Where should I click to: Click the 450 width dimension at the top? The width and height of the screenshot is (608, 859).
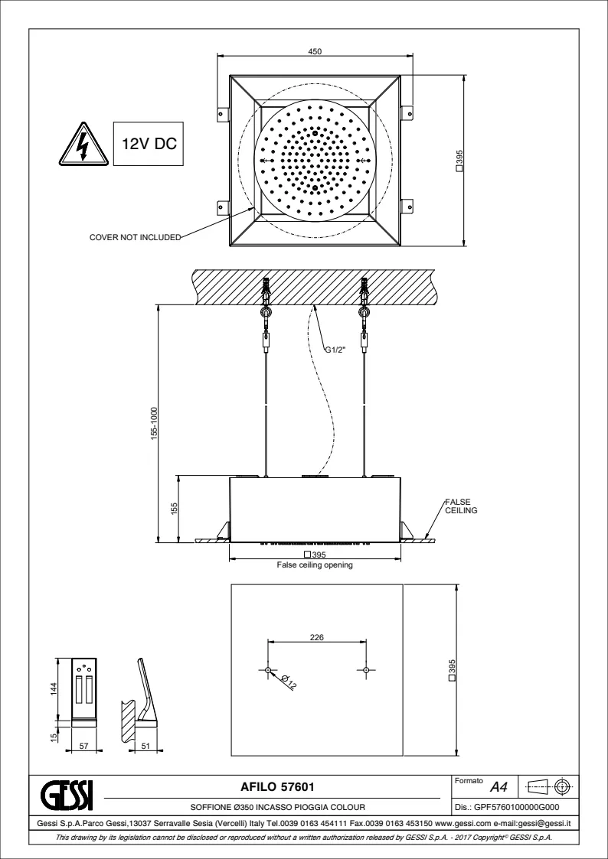click(x=315, y=50)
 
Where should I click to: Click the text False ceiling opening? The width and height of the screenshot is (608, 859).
click(x=315, y=567)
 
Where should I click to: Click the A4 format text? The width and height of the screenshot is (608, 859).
click(x=500, y=786)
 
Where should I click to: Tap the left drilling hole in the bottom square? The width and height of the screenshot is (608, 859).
click(x=268, y=670)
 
